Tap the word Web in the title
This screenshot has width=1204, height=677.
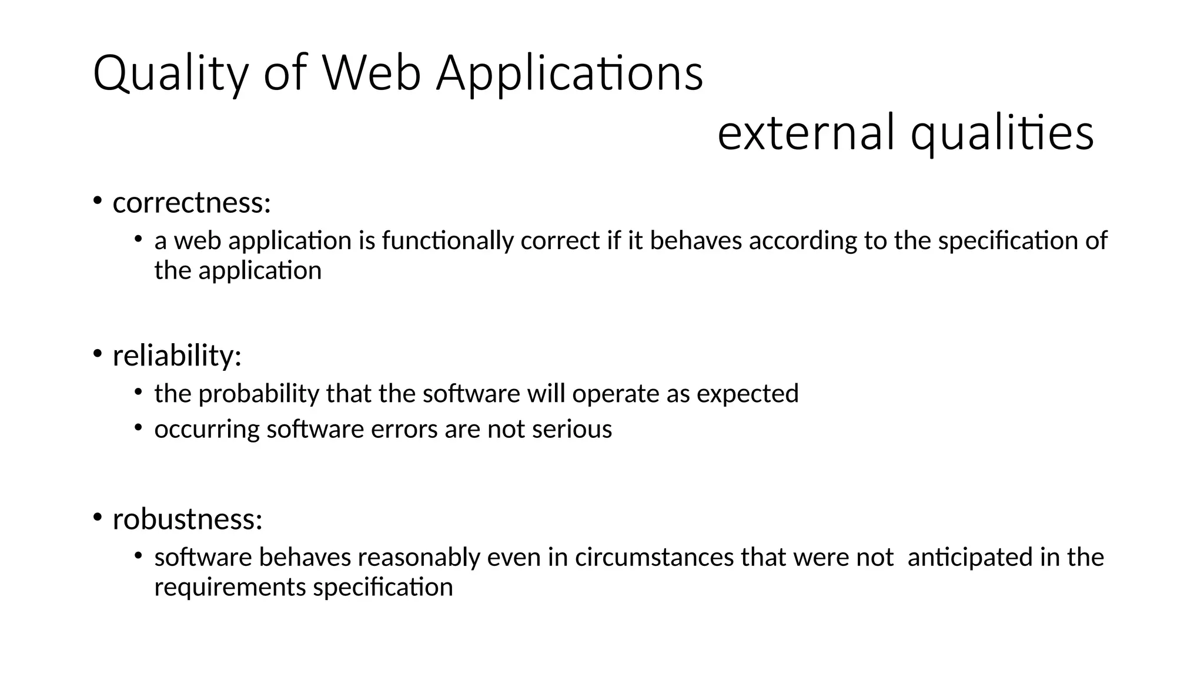372,73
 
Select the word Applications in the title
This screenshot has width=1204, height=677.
569,73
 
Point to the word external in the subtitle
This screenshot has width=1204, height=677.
806,132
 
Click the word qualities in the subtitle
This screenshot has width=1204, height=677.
1002,132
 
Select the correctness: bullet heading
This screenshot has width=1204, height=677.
192,203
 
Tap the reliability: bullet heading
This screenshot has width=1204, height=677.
177,356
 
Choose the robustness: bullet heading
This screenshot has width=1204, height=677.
187,519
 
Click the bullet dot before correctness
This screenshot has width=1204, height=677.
97,200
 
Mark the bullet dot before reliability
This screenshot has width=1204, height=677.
97,353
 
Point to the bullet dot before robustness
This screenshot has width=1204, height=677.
97,517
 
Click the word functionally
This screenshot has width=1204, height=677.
447,241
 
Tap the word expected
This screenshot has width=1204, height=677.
747,394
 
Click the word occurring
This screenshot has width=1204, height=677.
207,430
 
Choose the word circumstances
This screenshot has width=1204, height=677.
654,557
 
